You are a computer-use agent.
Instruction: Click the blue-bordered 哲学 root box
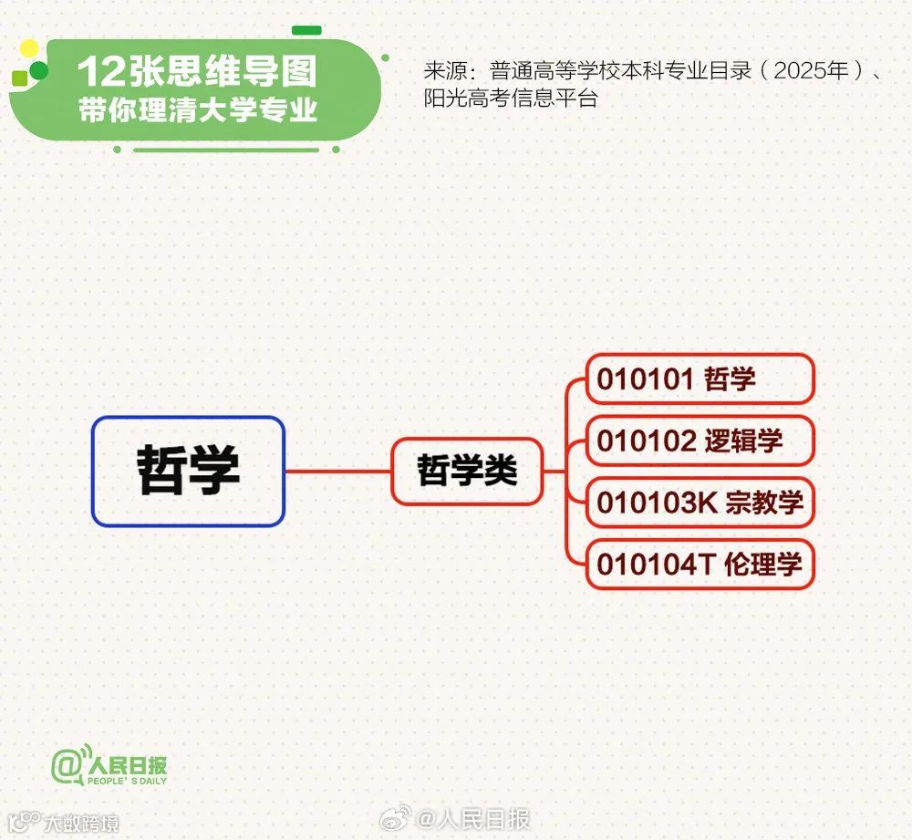click(x=188, y=471)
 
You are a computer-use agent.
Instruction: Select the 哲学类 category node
click(x=467, y=471)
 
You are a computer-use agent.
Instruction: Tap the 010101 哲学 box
click(x=699, y=379)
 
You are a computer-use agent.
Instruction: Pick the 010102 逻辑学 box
click(x=699, y=441)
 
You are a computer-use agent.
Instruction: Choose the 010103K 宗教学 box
click(x=699, y=503)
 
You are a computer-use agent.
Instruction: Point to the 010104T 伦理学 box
click(x=699, y=564)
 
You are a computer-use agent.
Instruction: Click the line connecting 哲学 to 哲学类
click(x=337, y=472)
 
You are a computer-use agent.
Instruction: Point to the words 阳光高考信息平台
click(x=511, y=99)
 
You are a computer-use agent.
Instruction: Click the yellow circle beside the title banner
click(x=29, y=48)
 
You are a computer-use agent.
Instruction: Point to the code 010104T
click(x=655, y=564)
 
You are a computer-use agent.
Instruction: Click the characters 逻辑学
click(x=743, y=441)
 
